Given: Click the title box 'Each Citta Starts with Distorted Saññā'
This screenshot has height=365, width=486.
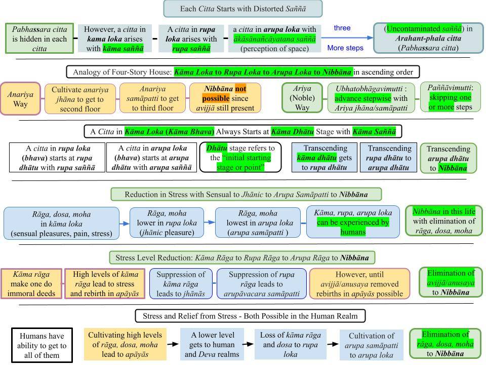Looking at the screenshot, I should (242, 9).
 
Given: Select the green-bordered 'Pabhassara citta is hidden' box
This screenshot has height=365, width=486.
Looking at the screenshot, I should (39, 38).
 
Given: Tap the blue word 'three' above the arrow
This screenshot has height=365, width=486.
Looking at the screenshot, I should (342, 28).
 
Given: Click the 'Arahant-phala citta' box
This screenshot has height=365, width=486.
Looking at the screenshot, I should (428, 38).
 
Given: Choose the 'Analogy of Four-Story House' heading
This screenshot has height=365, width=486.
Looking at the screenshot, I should (242, 71).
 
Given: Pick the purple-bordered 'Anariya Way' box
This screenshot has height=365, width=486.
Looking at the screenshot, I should (20, 98).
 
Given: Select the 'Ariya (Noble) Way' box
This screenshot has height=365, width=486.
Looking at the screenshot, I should (302, 98).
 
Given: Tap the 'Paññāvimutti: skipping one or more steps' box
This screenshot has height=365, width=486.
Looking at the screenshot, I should (450, 97).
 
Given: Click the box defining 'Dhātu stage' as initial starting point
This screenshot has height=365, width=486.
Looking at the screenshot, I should (240, 158).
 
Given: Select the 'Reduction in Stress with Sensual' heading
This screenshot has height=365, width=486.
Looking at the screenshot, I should (246, 195).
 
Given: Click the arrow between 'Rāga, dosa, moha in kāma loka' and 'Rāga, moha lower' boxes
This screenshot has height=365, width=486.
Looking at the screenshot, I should (125, 223).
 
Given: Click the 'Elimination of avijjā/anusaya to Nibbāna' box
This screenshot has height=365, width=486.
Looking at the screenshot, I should (451, 282).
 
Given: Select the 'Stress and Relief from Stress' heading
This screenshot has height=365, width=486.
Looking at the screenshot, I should (250, 316).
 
